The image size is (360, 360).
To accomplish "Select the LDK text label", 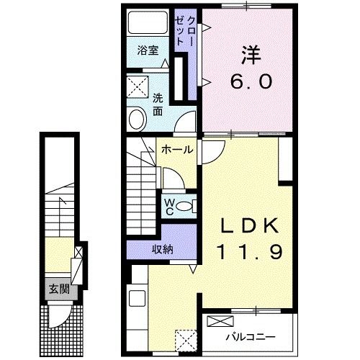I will (248, 226).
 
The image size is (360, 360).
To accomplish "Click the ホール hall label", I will (176, 150).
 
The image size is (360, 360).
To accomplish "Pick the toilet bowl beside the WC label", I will (185, 206).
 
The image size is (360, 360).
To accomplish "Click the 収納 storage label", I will (161, 249).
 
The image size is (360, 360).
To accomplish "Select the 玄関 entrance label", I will (58, 289).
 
